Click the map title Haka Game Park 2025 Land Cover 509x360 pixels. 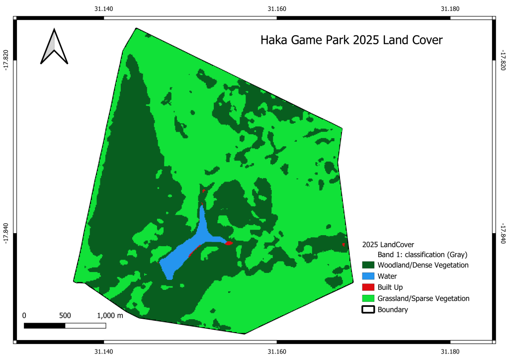[351, 40]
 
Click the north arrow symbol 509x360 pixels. [54, 47]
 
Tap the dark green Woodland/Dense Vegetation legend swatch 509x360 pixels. [368, 265]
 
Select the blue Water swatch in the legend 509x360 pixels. [368, 276]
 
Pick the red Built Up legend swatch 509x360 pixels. [368, 287]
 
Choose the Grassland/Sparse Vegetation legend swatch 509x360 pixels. [368, 298]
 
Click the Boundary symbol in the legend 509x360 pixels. [368, 310]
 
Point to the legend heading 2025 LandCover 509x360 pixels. [388, 245]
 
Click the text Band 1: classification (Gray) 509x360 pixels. [423, 255]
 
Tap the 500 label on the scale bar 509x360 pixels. [65, 316]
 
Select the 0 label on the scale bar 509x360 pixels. [24, 316]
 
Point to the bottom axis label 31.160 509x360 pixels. [277, 352]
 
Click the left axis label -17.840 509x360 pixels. [6, 233]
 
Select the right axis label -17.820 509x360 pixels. [503, 59]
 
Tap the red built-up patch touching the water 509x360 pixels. [228, 243]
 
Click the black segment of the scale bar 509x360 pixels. [45, 326]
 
